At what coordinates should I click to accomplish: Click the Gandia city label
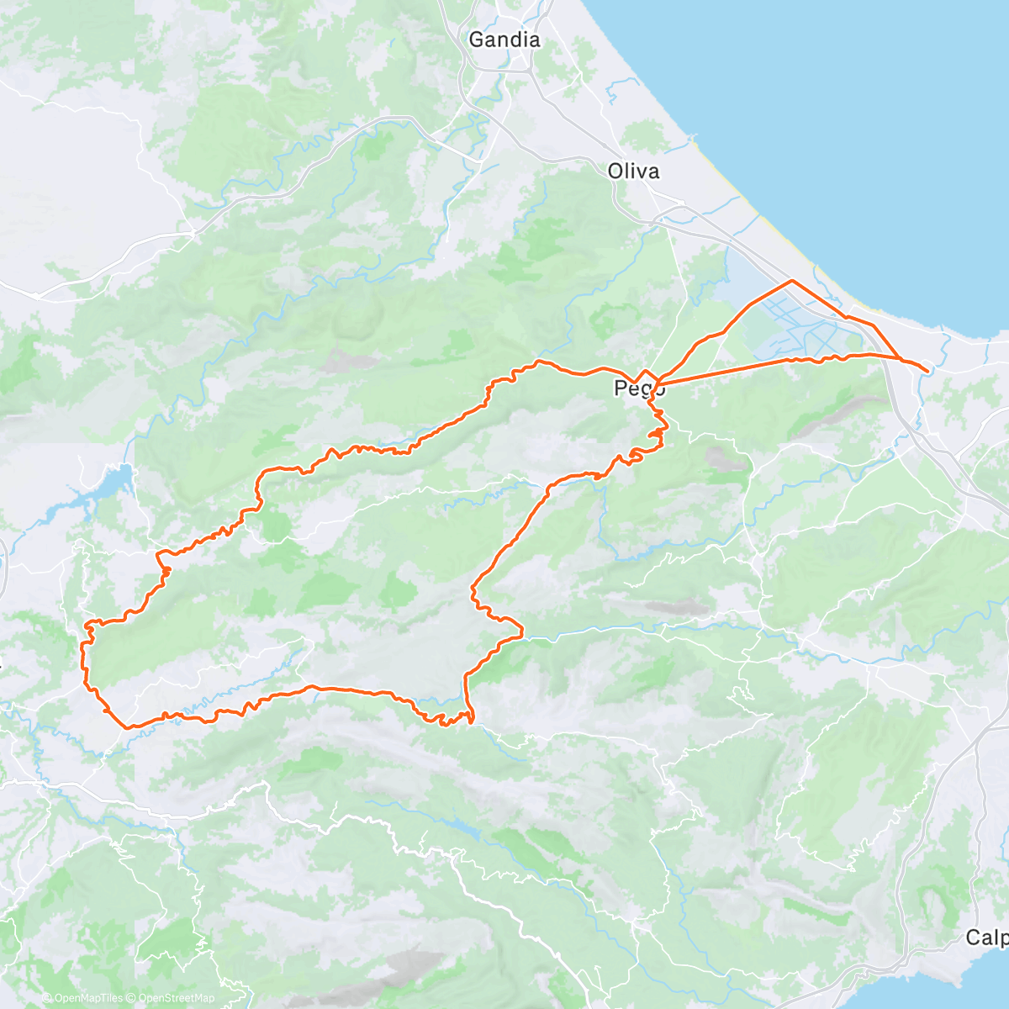(x=504, y=40)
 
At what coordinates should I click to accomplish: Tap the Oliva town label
(x=633, y=172)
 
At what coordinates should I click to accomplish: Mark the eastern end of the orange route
(x=927, y=371)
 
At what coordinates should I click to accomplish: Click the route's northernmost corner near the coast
(x=791, y=280)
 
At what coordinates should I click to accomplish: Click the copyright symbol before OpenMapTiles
(x=47, y=999)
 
